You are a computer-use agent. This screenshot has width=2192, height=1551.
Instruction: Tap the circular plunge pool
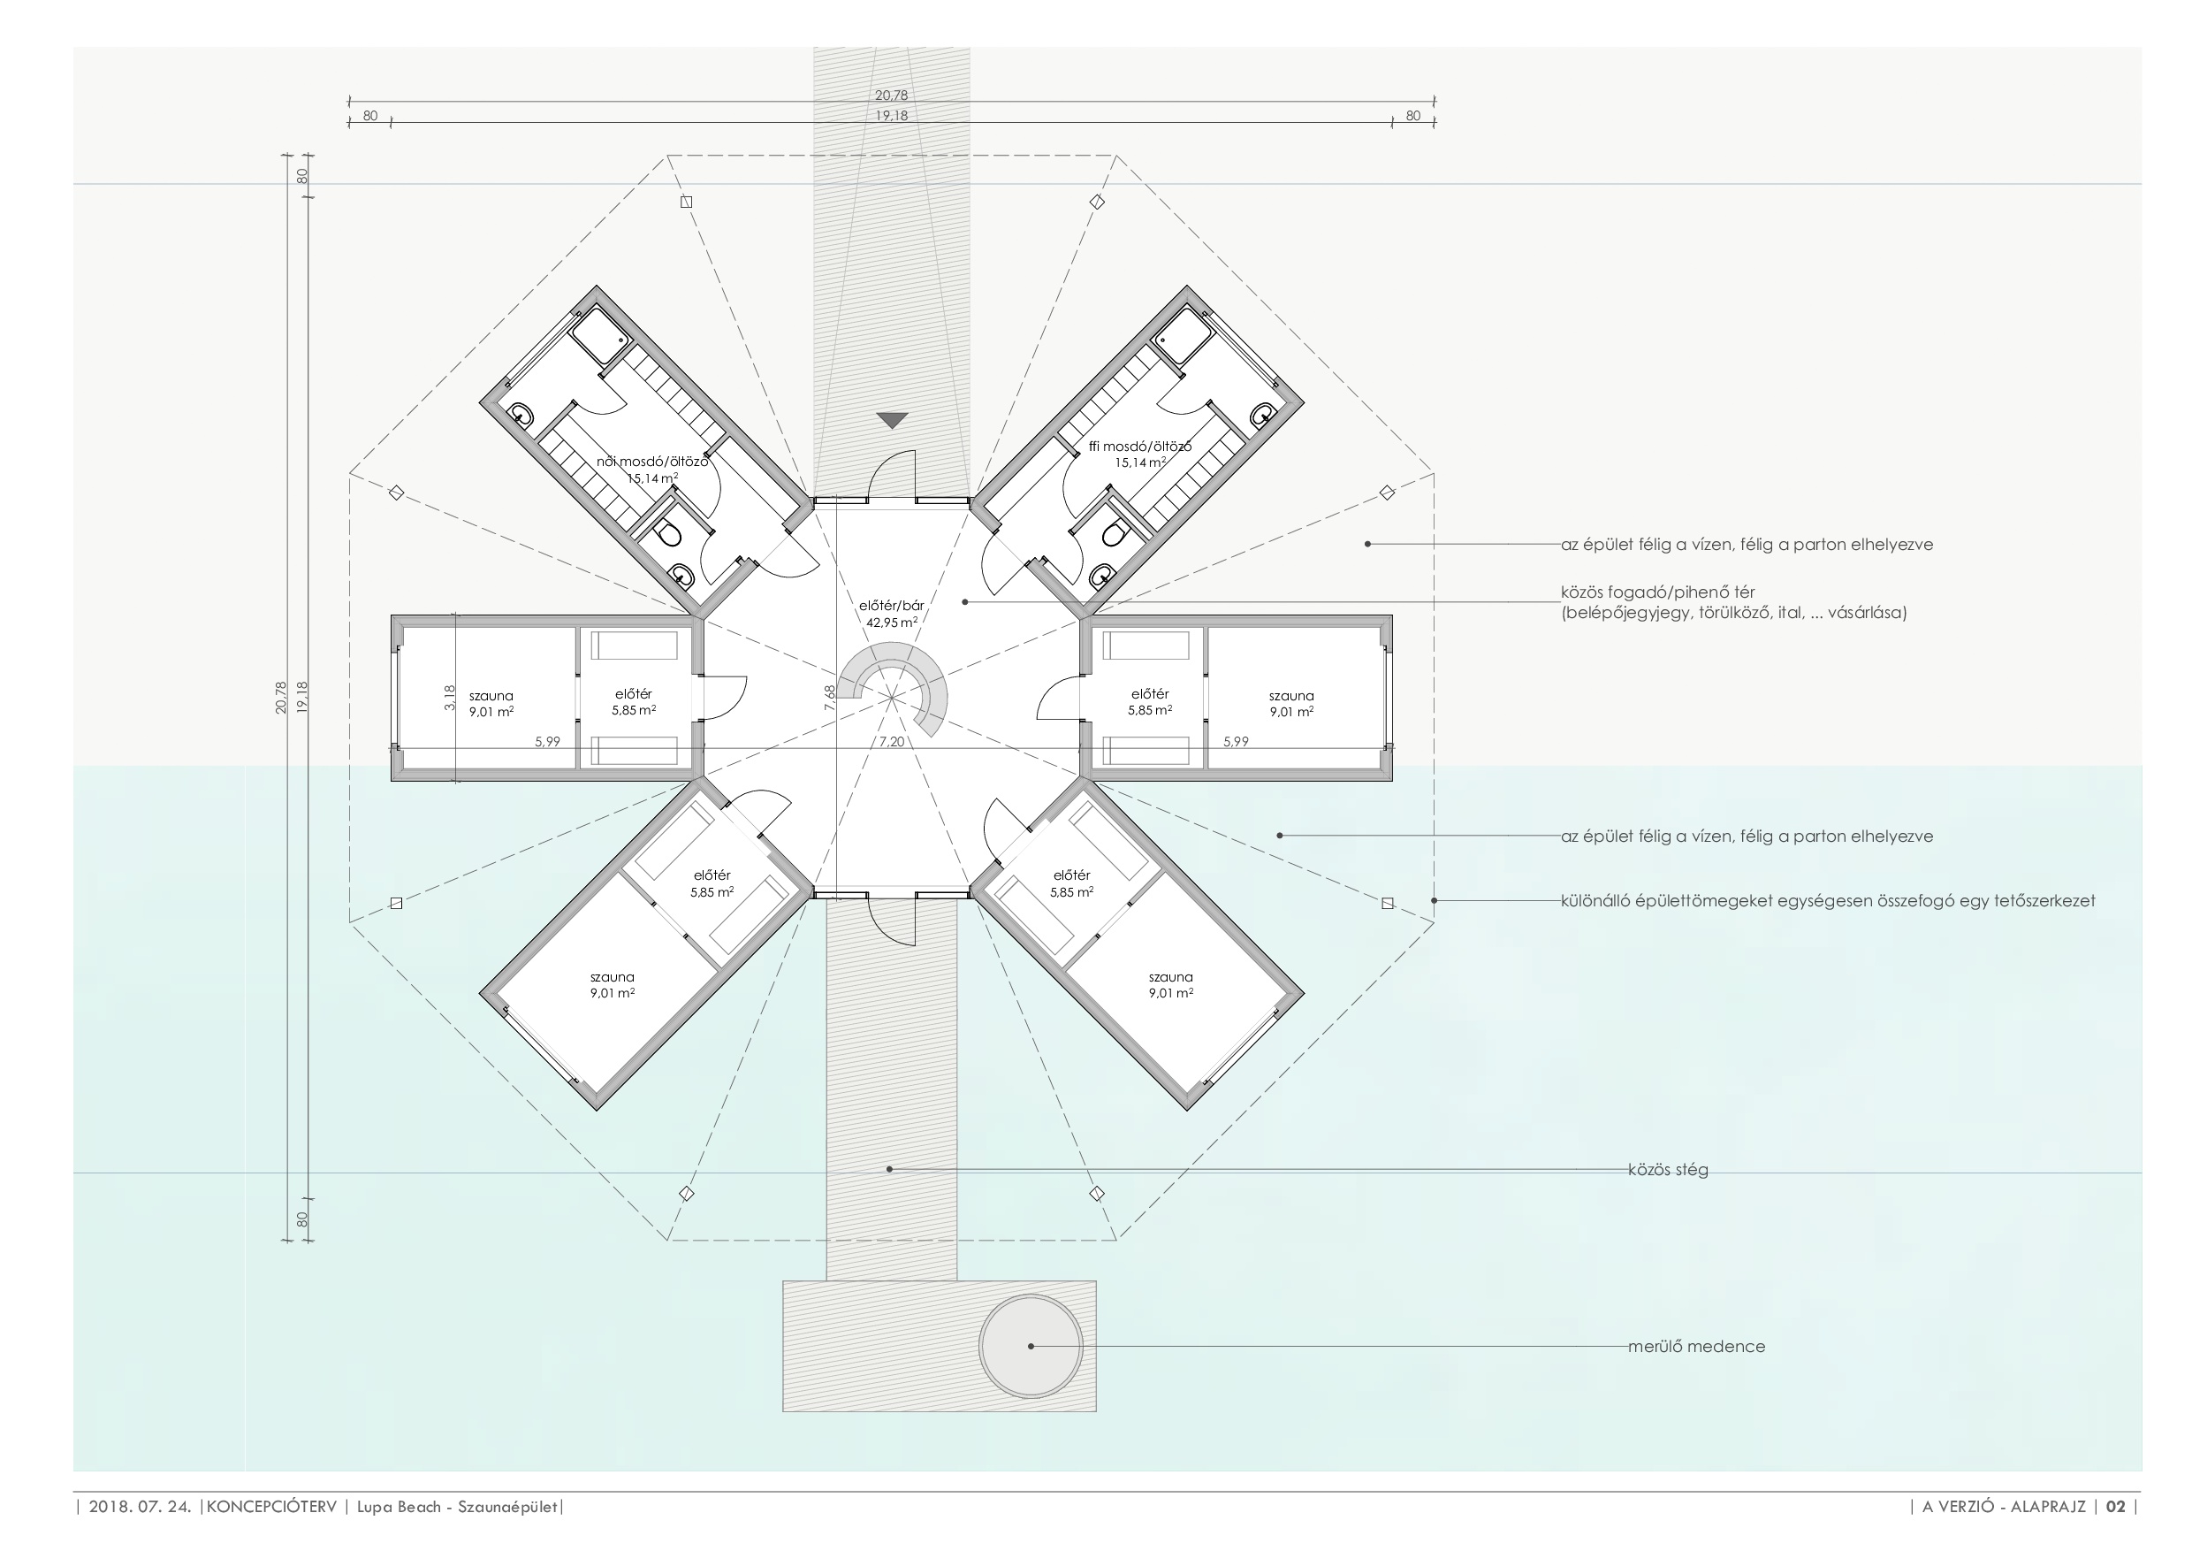click(1031, 1346)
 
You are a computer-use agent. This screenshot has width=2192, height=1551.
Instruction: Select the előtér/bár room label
click(892, 606)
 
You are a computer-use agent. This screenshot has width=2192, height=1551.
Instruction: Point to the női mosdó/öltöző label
click(653, 462)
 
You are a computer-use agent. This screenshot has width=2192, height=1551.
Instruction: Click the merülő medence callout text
click(1696, 1347)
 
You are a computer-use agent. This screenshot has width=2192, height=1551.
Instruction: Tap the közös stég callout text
click(1668, 1169)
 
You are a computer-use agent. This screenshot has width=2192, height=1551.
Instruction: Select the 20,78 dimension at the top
click(892, 96)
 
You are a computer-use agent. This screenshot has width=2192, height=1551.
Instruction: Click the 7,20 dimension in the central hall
click(892, 741)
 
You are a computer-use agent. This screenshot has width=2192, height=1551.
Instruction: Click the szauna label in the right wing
click(1290, 696)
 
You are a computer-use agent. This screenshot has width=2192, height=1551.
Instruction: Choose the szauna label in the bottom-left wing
click(612, 977)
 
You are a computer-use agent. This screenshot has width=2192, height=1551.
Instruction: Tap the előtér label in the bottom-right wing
click(1071, 875)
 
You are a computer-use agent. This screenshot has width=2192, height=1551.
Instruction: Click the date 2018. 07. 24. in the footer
click(141, 1507)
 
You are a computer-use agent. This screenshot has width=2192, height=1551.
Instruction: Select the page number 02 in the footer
click(2116, 1507)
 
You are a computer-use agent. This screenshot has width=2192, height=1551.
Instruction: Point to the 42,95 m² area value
click(892, 623)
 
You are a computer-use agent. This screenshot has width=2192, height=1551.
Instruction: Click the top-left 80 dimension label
click(370, 116)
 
